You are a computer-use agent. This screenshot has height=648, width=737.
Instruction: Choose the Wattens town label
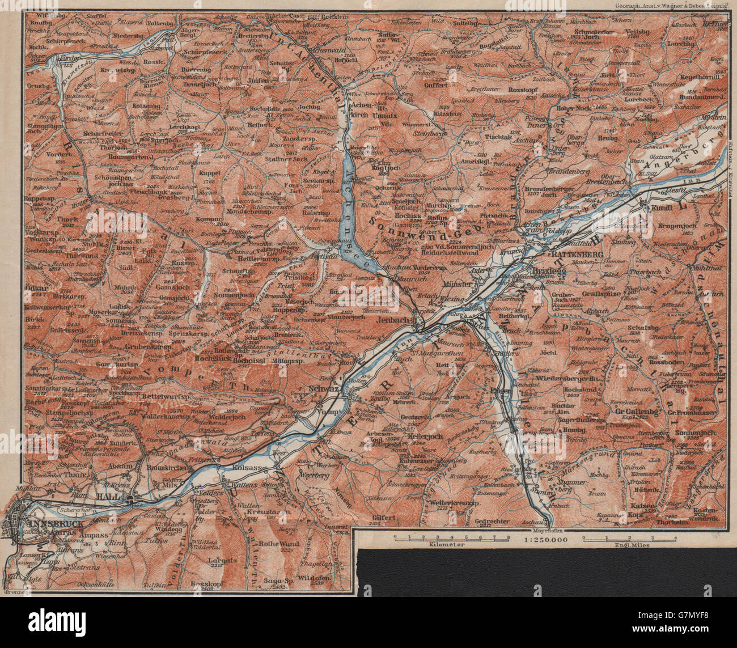click(x=243, y=485)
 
